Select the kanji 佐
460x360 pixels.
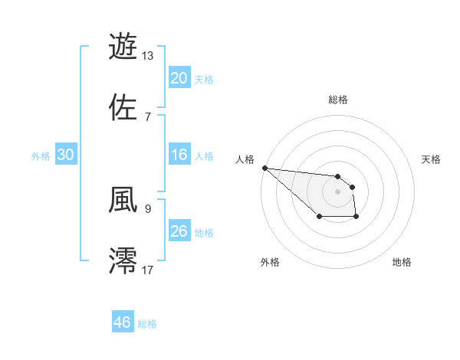click(123, 107)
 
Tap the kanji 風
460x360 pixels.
click(123, 199)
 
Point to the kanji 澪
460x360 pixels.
click(123, 260)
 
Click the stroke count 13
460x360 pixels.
click(148, 55)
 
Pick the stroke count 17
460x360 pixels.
click(148, 269)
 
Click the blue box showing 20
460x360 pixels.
click(179, 78)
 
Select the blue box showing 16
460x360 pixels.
click(179, 155)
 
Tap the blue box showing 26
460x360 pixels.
click(179, 231)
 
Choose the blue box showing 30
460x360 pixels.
click(66, 155)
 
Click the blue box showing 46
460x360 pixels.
click(123, 322)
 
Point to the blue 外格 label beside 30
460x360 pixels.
click(41, 156)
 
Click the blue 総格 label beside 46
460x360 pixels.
click(147, 324)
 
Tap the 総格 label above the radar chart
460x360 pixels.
click(337, 100)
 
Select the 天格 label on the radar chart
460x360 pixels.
click(432, 159)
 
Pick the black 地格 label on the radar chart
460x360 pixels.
click(402, 262)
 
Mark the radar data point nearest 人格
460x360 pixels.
click(264, 168)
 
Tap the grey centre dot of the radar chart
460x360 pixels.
click(337, 191)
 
